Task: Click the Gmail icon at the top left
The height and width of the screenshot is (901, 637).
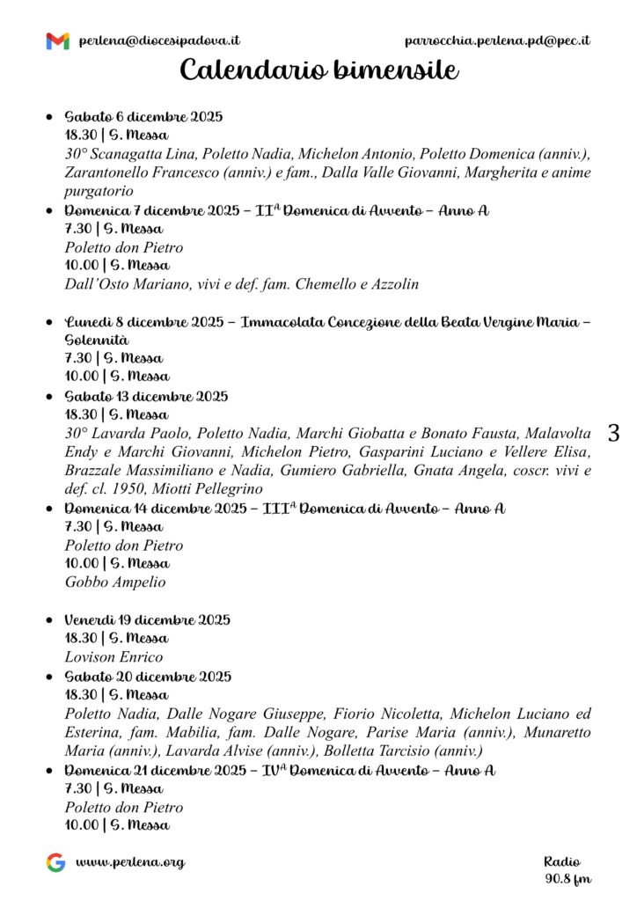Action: point(57,40)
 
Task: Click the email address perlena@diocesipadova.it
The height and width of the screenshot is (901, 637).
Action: point(159,40)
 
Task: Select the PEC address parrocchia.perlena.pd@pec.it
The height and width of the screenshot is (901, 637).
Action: point(497,40)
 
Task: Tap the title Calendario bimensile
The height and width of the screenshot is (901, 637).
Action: point(318,70)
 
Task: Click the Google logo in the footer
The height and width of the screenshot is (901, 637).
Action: point(55,862)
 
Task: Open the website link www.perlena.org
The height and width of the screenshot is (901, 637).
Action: point(130,862)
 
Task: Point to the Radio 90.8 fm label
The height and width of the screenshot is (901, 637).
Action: point(567,869)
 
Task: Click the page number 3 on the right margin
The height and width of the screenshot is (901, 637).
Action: point(613,433)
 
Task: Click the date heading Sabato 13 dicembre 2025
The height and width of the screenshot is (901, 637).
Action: point(146,396)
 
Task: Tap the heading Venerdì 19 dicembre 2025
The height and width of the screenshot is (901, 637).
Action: point(147,619)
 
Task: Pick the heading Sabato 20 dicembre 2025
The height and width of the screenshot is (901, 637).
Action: point(148,677)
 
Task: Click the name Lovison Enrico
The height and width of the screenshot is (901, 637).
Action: point(113,656)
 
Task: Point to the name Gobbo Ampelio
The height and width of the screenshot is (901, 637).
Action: point(115,582)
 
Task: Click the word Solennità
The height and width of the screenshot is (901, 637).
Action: point(97,340)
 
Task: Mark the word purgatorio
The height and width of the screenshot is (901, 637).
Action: point(99,190)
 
